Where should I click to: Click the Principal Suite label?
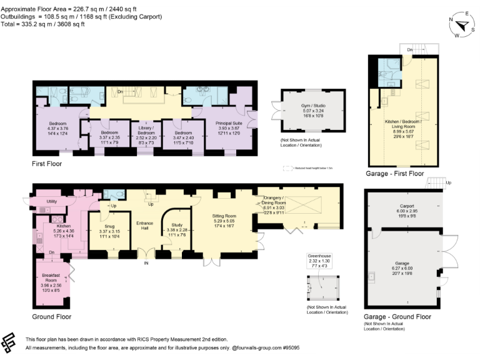coord(228,124)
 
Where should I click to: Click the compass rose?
coord(462,26)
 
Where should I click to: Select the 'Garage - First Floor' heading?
coord(395,173)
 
